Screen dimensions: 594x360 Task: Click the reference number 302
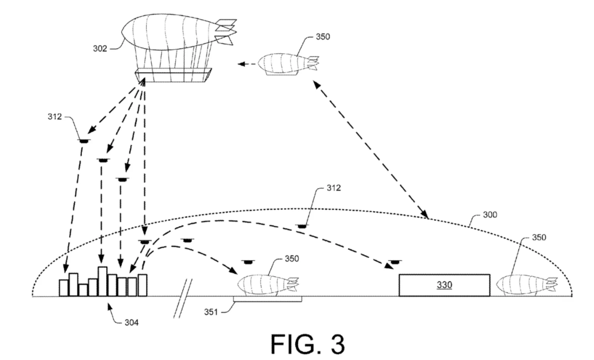100,49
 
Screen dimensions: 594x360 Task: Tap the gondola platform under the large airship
173,75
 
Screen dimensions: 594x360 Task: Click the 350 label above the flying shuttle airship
323,37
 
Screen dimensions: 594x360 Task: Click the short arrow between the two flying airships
247,64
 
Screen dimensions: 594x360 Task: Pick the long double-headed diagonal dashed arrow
371,150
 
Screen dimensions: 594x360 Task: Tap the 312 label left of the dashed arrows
55,117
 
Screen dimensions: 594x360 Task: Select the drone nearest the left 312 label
84,141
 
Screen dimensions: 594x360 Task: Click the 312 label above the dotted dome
334,188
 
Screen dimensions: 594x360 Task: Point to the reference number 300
490,215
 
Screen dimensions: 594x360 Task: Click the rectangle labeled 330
444,285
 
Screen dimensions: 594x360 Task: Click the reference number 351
211,312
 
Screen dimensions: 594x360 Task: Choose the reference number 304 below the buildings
132,322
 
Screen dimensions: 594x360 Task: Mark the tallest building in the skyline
102,281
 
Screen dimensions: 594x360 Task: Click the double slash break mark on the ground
183,299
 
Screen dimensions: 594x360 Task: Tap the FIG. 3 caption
307,344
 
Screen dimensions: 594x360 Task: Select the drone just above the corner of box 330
395,261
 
